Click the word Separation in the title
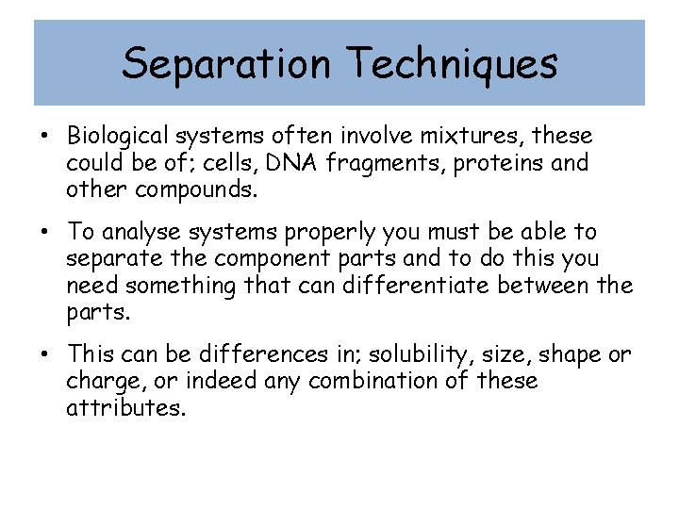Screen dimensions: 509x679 pos(226,64)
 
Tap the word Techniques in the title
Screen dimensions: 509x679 pos(453,64)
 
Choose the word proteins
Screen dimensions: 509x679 pos(498,164)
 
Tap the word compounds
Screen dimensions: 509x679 pos(193,189)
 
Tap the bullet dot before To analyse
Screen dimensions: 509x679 pos(45,232)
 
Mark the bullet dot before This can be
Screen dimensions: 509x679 pos(45,354)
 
